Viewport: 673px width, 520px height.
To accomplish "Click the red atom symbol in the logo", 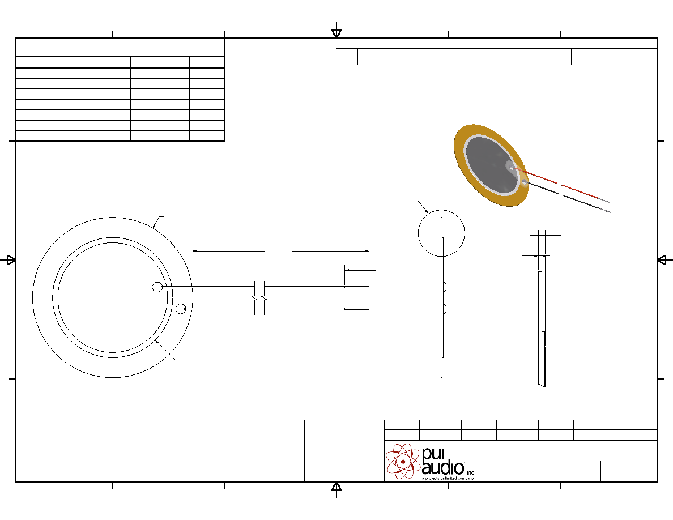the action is [x=403, y=461].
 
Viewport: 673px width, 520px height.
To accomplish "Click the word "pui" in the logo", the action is [x=433, y=454].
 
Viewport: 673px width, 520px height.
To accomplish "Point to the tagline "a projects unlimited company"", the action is [x=448, y=478].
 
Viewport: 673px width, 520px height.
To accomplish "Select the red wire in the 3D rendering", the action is [x=560, y=184].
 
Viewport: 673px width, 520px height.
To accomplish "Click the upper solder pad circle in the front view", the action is [x=157, y=287].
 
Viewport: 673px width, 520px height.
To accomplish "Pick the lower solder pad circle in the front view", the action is [x=181, y=309].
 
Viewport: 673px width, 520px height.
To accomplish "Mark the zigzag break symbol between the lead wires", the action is [x=259, y=297].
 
